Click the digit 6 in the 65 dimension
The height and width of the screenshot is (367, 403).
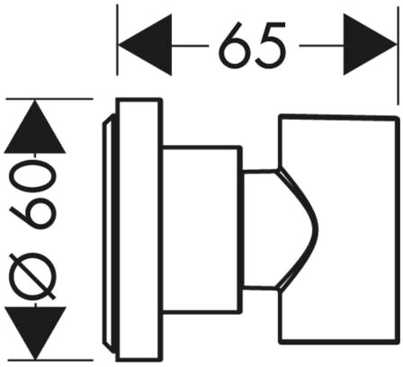click(x=236, y=45)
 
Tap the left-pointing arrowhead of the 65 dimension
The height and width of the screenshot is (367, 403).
click(x=146, y=45)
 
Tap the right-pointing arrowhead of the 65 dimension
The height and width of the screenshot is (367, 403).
click(x=370, y=45)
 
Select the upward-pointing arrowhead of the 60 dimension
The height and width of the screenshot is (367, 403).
click(x=35, y=127)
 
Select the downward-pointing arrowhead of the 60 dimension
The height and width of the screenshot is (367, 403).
click(x=35, y=332)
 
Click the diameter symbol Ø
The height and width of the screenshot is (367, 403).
click(x=32, y=276)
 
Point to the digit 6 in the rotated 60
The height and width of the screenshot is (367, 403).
click(x=32, y=214)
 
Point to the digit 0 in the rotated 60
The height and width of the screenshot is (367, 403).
click(x=32, y=176)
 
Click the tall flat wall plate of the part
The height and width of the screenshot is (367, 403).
click(x=139, y=229)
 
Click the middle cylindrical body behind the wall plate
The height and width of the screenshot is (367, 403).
click(x=202, y=230)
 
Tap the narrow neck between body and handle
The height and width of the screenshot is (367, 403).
click(x=260, y=229)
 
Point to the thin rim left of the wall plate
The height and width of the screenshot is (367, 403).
click(x=109, y=229)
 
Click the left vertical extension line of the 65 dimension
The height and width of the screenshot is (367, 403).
click(x=117, y=40)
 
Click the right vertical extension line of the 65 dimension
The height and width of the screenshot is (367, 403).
click(x=399, y=55)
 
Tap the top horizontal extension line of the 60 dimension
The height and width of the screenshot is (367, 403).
click(x=49, y=99)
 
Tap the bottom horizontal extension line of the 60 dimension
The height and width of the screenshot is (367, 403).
click(x=49, y=360)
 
